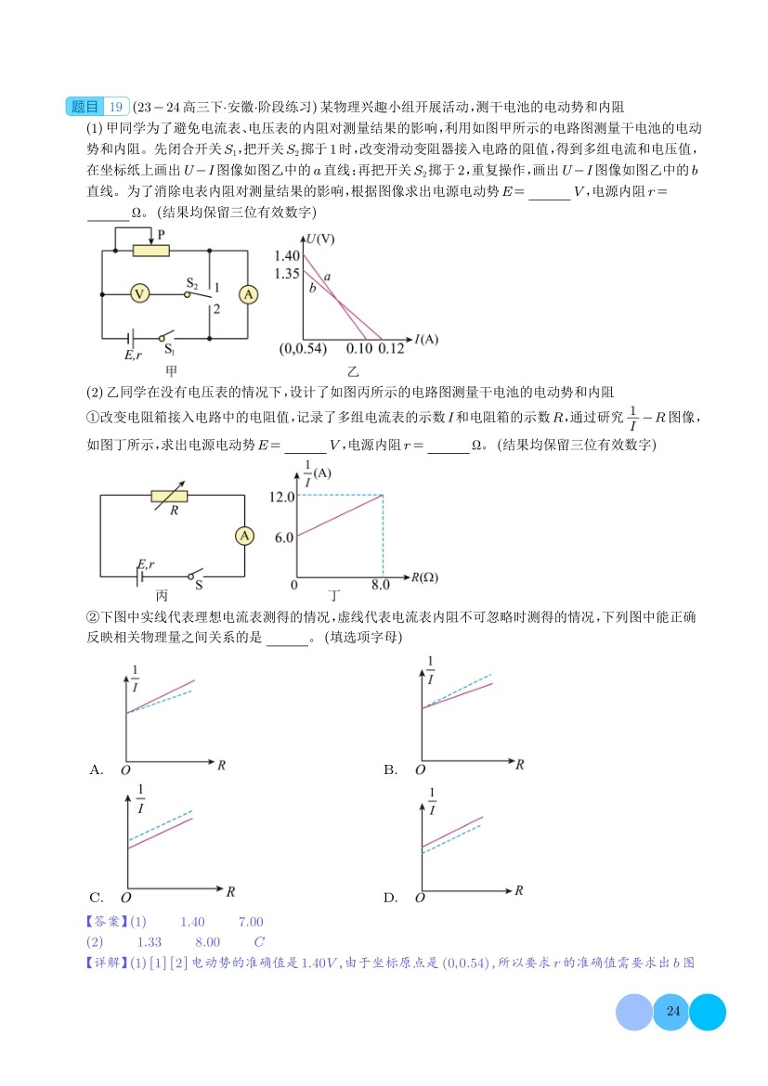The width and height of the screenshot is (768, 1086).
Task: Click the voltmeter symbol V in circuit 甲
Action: point(139,293)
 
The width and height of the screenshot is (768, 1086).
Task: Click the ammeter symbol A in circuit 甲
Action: point(248,293)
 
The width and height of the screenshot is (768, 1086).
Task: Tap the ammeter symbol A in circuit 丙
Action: point(243,537)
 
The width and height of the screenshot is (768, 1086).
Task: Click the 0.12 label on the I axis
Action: point(392,349)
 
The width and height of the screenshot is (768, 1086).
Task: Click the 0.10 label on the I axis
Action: point(358,349)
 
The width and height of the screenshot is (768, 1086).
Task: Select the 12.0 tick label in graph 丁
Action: point(280,497)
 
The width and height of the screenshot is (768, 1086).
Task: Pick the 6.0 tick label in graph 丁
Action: point(284,537)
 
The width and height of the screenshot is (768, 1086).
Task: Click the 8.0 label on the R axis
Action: point(381,585)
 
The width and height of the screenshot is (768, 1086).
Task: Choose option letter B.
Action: point(390,769)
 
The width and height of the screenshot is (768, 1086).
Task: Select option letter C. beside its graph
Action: point(96,898)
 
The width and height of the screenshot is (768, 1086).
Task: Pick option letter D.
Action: point(390,898)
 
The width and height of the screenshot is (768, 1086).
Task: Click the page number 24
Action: point(674,1012)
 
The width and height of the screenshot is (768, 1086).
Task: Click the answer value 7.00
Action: point(251,922)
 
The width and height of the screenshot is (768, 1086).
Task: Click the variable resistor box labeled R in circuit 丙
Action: point(175,496)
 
